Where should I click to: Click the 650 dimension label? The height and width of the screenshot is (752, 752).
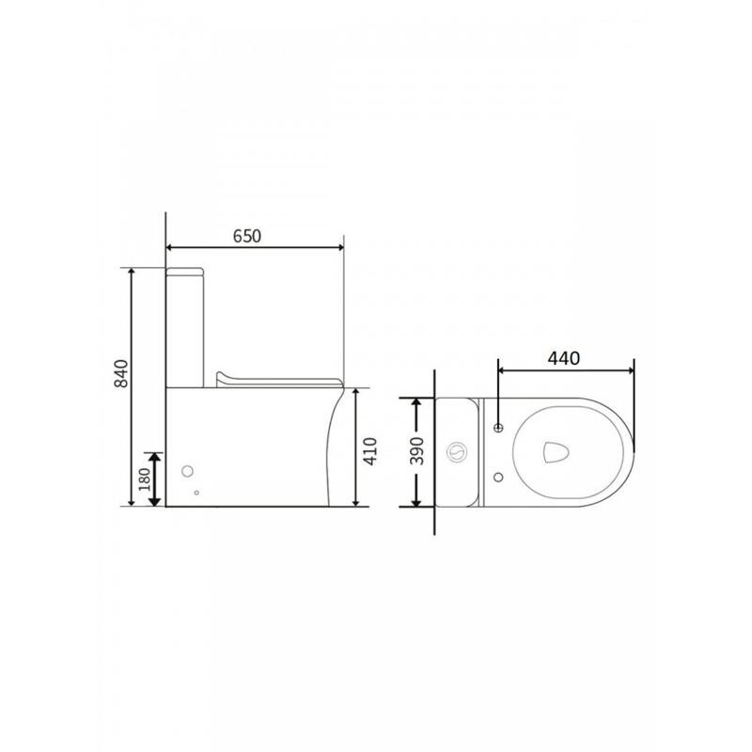[247, 236]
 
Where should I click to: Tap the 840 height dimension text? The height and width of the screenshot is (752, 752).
[122, 373]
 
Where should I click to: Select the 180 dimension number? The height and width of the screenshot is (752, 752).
[145, 479]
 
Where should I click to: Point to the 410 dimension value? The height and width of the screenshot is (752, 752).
[370, 451]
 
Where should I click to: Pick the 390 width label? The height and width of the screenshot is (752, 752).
[416, 451]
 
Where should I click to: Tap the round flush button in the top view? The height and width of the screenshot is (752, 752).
[457, 451]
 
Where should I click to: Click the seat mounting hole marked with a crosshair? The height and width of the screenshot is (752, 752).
[499, 428]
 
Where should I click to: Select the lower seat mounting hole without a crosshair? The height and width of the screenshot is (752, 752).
[499, 478]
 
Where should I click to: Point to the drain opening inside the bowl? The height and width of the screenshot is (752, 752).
[556, 452]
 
